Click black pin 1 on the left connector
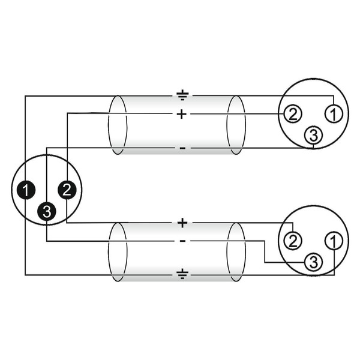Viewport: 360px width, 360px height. pyautogui.click(x=26, y=190)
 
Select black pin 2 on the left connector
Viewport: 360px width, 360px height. pyautogui.click(x=67, y=190)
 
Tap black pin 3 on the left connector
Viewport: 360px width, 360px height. pyautogui.click(x=47, y=211)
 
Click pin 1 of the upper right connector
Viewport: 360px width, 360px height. pyautogui.click(x=334, y=114)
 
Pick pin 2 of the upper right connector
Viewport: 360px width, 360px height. pyautogui.click(x=293, y=114)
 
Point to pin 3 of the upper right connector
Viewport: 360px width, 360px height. pyautogui.click(x=313, y=136)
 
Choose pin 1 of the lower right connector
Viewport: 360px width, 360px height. pyautogui.click(x=334, y=241)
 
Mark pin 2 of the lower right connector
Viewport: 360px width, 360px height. pyautogui.click(x=293, y=241)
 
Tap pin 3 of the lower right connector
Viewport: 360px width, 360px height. pyautogui.click(x=313, y=262)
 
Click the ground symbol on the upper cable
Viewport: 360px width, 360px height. pyautogui.click(x=182, y=95)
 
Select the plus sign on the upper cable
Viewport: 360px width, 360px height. pyautogui.click(x=182, y=114)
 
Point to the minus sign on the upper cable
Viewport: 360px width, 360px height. pyautogui.click(x=182, y=148)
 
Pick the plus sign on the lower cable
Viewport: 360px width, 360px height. pyautogui.click(x=182, y=223)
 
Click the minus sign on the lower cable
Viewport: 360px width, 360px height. pyautogui.click(x=183, y=241)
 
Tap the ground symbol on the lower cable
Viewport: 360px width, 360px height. pyautogui.click(x=182, y=274)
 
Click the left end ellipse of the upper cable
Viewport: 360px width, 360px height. pyautogui.click(x=108, y=125)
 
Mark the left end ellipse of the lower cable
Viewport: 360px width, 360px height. pyautogui.click(x=108, y=252)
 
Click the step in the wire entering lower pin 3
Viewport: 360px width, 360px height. pyautogui.click(x=265, y=251)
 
